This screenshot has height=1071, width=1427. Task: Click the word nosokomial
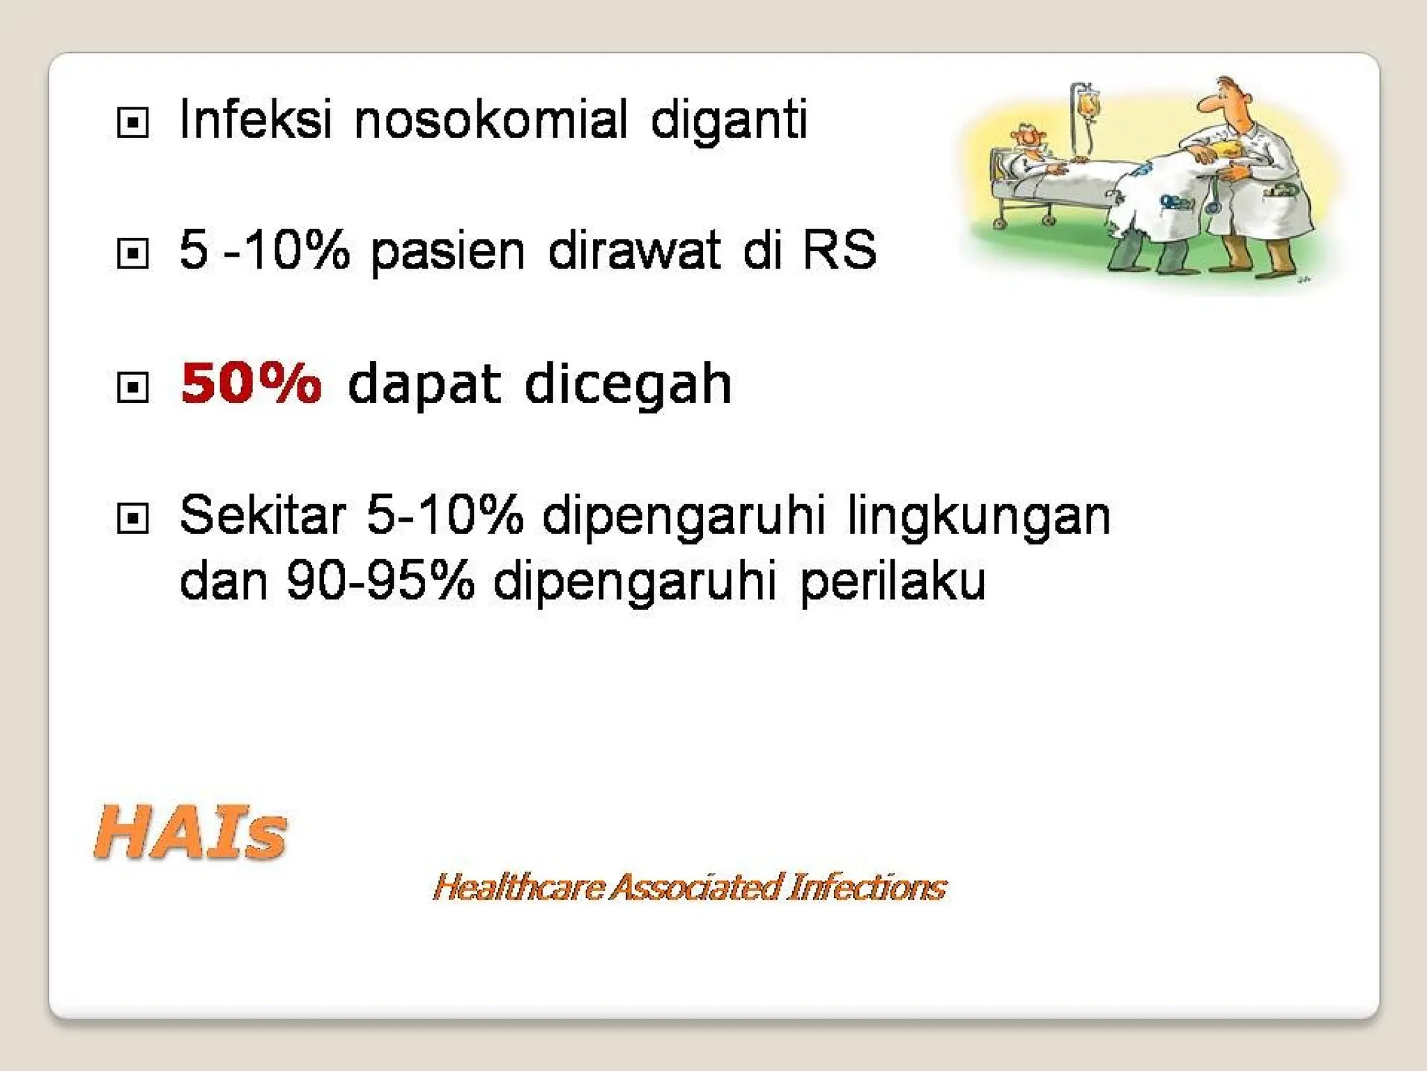pos(491,120)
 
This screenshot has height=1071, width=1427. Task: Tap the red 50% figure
pos(251,383)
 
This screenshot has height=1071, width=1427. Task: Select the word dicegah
pos(628,383)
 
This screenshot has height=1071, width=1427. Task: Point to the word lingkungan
pos(978,517)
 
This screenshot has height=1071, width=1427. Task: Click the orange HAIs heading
pos(190,833)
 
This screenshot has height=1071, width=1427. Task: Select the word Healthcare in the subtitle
pos(518,888)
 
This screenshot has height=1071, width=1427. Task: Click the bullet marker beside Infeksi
pos(132,123)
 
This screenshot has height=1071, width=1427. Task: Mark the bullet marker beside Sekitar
pos(132,519)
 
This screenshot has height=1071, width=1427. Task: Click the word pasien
pos(447,251)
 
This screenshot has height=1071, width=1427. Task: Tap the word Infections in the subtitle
pos(867,888)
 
